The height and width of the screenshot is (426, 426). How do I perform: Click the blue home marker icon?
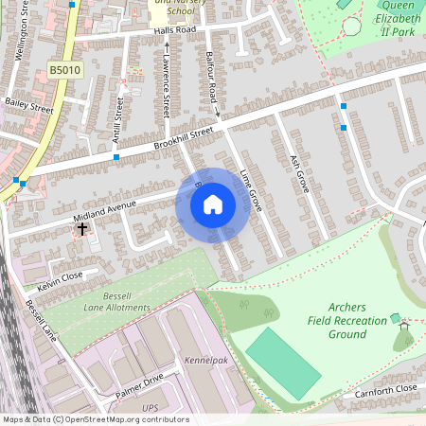[x=213, y=204]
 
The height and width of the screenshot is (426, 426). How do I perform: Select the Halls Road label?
[x=175, y=30]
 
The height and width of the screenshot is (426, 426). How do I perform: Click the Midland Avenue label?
[x=104, y=209]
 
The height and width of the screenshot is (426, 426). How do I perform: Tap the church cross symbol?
[x=82, y=228]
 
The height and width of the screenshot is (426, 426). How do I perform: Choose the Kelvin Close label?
[x=60, y=281]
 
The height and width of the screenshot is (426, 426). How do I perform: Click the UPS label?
[x=151, y=407]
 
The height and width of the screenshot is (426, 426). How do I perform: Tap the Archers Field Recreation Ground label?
[x=347, y=320]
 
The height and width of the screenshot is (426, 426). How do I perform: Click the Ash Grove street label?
[x=302, y=169]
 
